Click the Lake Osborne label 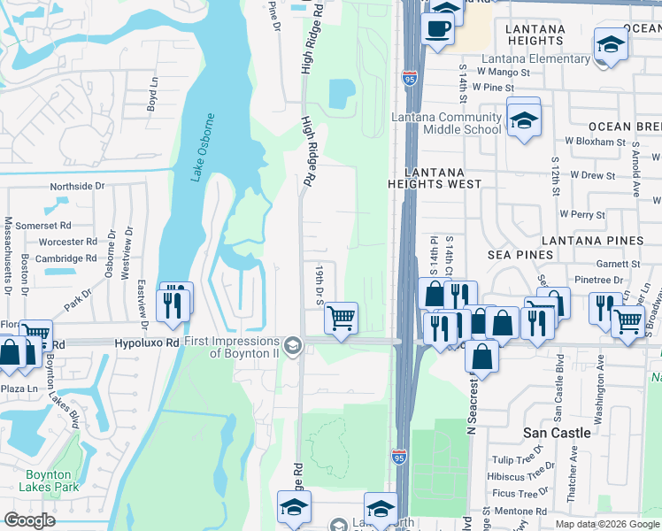pyautogui.click(x=203, y=148)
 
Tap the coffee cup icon pyautogui.click(x=436, y=29)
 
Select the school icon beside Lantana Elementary pyautogui.click(x=611, y=44)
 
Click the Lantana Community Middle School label pyautogui.click(x=449, y=124)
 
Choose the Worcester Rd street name pyautogui.click(x=67, y=242)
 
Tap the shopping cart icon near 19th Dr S pyautogui.click(x=341, y=317)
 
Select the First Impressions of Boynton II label pyautogui.click(x=232, y=346)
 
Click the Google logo pyautogui.click(x=29, y=520)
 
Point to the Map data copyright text pyautogui.click(x=607, y=524)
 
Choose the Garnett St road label pyautogui.click(x=618, y=264)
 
